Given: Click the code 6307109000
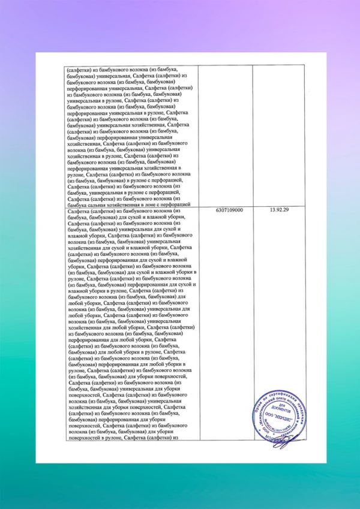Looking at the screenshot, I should coord(228,211).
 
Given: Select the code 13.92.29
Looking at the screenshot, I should coord(280,211).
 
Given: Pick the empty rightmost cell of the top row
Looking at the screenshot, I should coord(280,135).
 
